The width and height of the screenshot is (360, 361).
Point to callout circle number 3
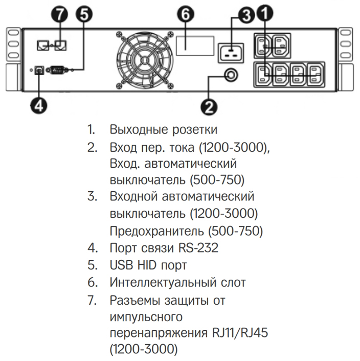click(x=246, y=16)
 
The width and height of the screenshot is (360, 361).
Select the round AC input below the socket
click(x=231, y=76)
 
